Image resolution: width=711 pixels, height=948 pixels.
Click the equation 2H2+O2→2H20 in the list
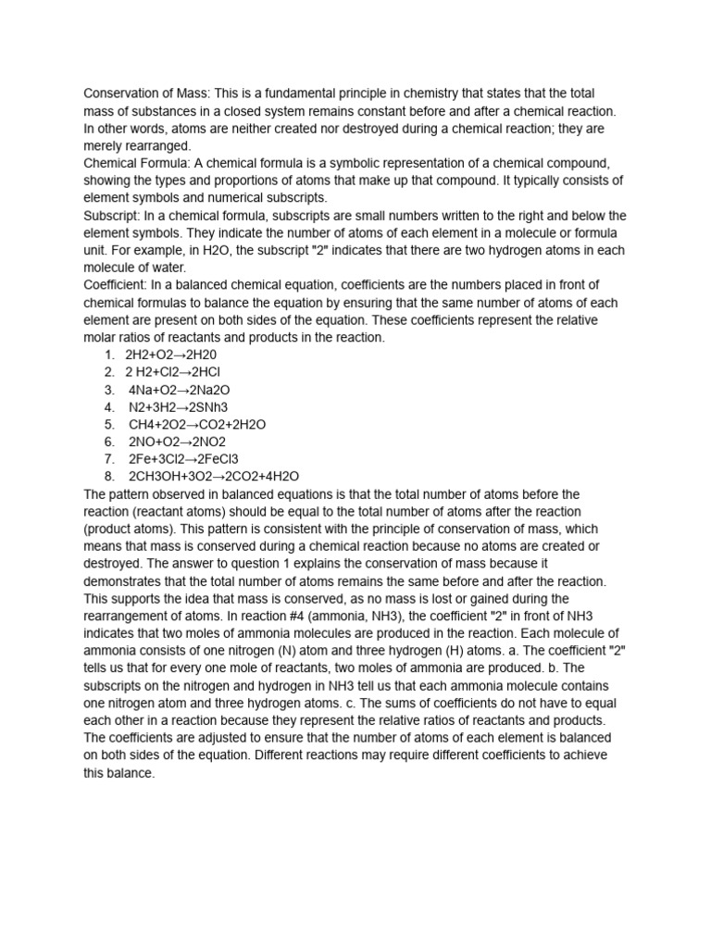pos(170,355)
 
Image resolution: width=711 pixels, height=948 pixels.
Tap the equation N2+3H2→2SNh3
pos(178,407)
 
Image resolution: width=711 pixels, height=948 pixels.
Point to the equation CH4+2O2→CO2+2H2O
pos(197,424)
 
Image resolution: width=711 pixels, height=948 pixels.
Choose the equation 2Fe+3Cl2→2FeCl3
pos(183,459)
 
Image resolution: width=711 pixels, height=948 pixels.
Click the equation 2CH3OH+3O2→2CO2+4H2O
pos(214,477)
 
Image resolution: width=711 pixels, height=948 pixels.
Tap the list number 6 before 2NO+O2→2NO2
pos(109,442)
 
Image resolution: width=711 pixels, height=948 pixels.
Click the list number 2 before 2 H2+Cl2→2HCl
pos(109,372)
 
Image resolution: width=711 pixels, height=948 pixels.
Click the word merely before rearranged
pos(104,146)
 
